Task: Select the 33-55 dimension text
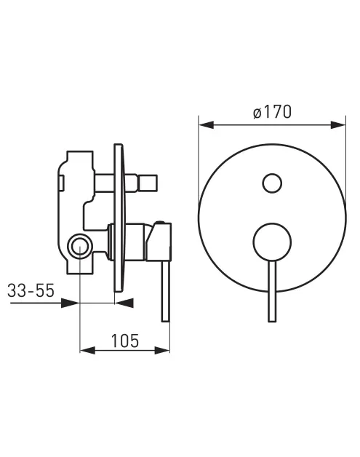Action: tap(31, 290)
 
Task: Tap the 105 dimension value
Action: tap(126, 340)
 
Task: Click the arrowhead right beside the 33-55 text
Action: tap(71, 303)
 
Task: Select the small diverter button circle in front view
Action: tap(271, 183)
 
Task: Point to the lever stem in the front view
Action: tap(271, 291)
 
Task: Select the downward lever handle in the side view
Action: tap(165, 291)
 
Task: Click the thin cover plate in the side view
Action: tap(119, 218)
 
